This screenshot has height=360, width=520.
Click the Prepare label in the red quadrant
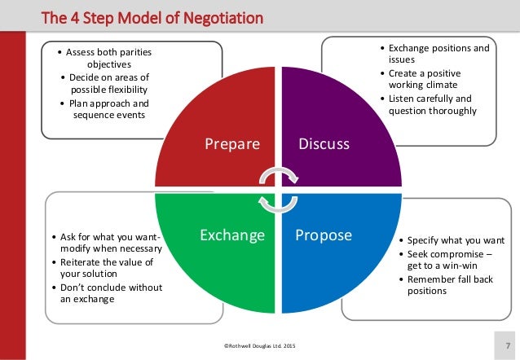pyautogui.click(x=232, y=145)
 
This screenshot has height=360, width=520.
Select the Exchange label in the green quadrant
pyautogui.click(x=232, y=236)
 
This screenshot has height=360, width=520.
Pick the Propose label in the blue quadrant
pyautogui.click(x=323, y=236)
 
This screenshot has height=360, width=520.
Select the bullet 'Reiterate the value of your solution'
pyautogui.click(x=106, y=268)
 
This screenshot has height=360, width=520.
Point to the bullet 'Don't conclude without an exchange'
pyautogui.click(x=109, y=293)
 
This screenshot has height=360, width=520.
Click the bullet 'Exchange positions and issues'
pyautogui.click(x=435, y=54)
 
